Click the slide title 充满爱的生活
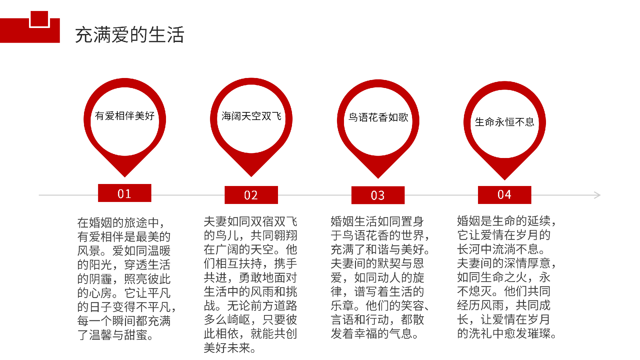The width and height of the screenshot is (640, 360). pos(129,35)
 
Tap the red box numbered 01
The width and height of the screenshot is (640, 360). pos(125,193)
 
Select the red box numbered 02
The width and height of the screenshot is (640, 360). pos(251,195)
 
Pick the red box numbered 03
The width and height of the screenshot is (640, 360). pos(378,195)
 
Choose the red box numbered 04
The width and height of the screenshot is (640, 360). pos(505,195)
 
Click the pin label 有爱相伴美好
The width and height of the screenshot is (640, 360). pos(125,116)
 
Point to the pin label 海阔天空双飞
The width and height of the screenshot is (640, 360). pos(251,116)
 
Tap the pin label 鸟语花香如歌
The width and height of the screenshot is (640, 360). pos(378,117)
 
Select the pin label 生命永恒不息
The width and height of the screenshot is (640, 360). pos(505,122)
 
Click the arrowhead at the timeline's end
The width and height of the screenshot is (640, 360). pos(598,195)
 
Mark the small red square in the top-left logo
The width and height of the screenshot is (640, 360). pos(39,19)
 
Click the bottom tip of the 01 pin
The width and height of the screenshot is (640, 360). pos(125,177)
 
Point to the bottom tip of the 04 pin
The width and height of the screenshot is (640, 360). pos(505,180)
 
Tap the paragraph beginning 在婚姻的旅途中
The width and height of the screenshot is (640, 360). pos(127,278)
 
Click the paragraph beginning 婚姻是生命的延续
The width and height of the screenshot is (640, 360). pos(507,277)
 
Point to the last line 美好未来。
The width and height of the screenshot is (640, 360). pos(230,348)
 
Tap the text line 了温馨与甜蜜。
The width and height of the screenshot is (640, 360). pos(116,335)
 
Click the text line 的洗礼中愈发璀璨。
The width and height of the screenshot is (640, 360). pos(507,333)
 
